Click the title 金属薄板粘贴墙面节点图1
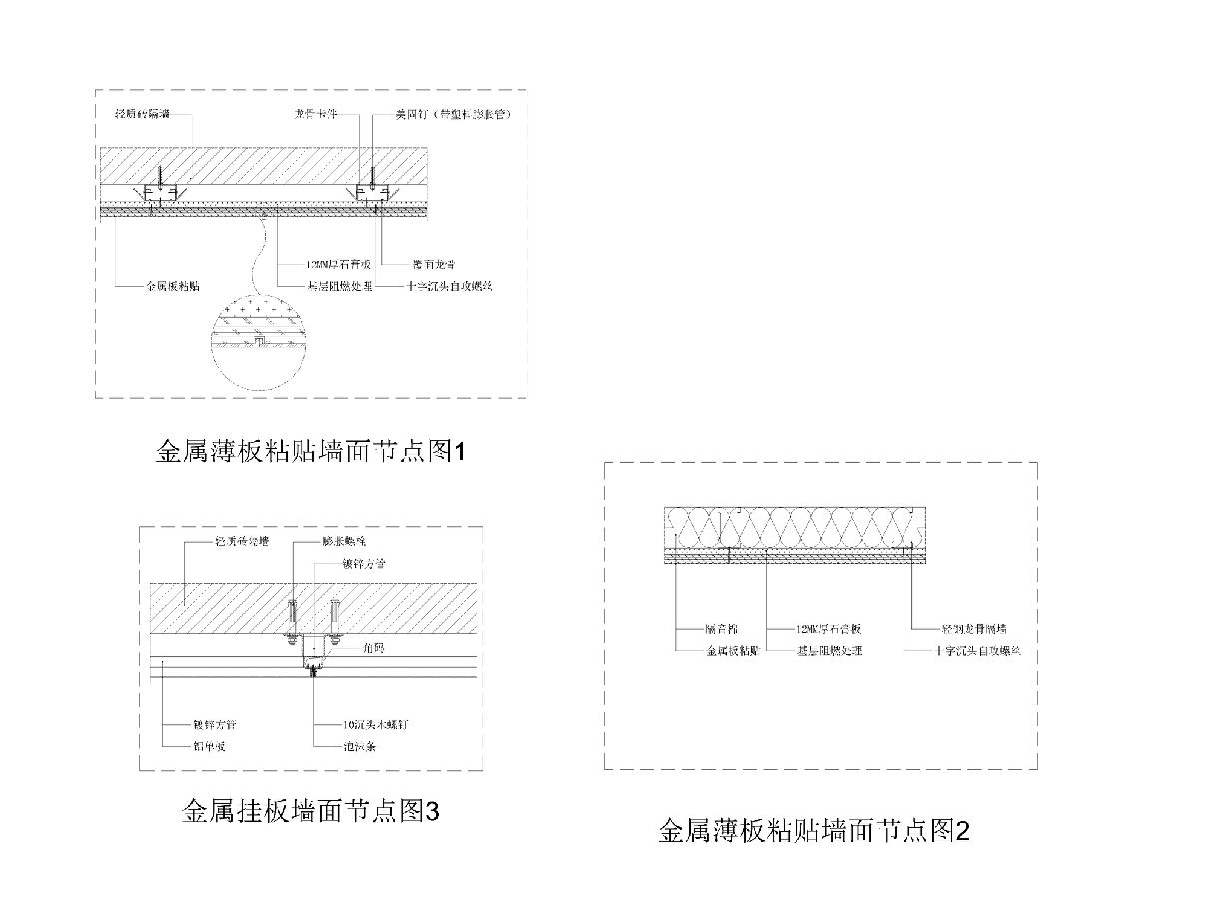coord(311,452)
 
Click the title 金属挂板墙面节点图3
coord(310,811)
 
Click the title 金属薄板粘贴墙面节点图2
coord(814,830)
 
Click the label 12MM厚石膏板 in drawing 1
coord(339,265)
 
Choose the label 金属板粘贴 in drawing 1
coord(173,285)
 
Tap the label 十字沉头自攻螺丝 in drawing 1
coord(450,285)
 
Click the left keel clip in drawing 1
coord(157,193)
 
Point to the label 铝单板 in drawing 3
coord(208,745)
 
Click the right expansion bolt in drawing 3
coord(335,616)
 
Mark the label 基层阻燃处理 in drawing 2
coord(828,650)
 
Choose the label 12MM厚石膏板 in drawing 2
coord(828,630)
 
